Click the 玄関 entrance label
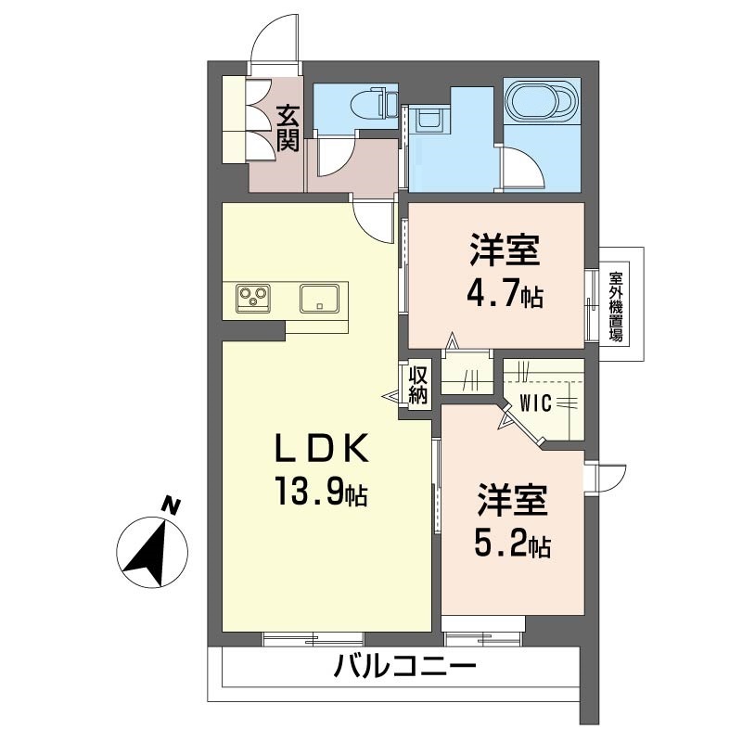pos(288,128)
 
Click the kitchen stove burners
pos(253,298)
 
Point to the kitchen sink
pos(319,298)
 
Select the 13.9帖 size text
pos(319,492)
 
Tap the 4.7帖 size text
pos(505,294)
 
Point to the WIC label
pos(536,403)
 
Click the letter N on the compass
pos(171,505)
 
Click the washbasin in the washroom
pos(429,120)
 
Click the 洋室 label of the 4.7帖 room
pos(505,252)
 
